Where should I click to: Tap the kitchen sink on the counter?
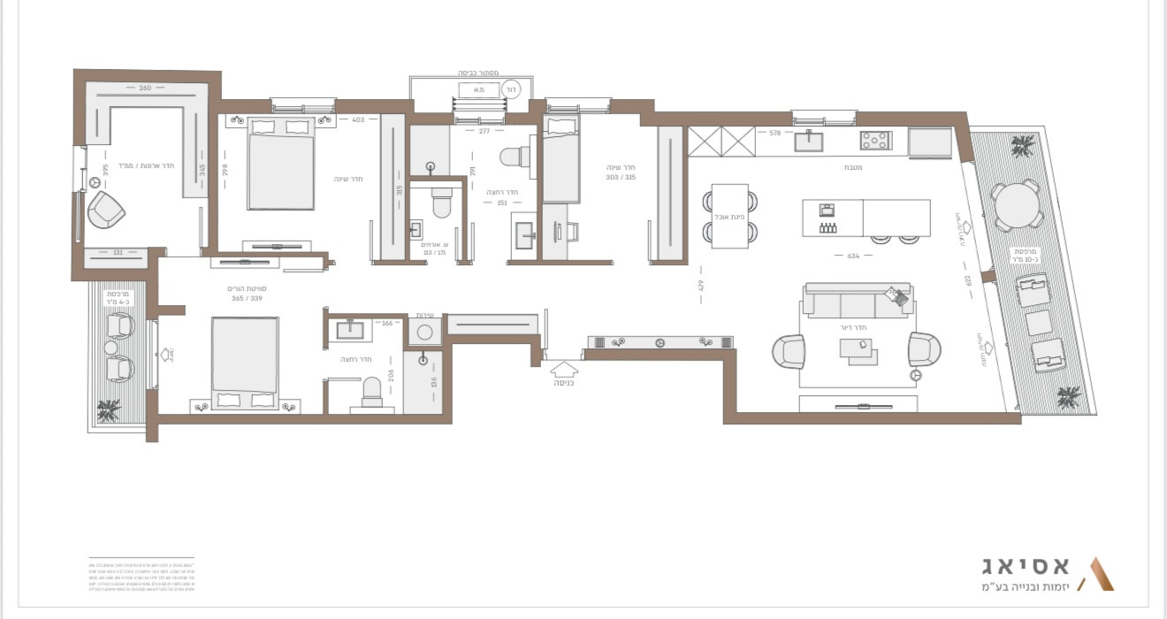coord(808,141)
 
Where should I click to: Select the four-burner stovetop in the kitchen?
coord(875,140)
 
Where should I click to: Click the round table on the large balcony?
coord(1015,205)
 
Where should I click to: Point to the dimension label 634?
coord(854,256)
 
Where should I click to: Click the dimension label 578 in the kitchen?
coord(775,133)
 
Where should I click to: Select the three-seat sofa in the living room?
coord(857,302)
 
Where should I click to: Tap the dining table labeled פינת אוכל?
coord(729,216)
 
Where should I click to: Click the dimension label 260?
coord(145,88)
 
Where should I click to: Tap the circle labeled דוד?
coord(511,89)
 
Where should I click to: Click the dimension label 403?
coord(358,119)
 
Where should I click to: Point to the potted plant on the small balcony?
coord(109,409)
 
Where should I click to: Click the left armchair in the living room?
coord(789,350)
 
